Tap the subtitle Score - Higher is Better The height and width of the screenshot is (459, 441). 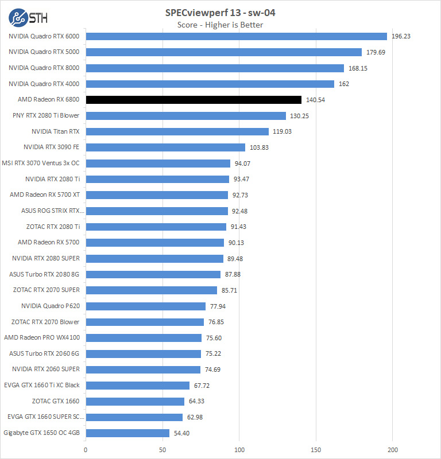pos(220,25)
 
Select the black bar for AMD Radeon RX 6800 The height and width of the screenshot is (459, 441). pos(194,100)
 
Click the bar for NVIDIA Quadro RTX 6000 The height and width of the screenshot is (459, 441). pos(236,36)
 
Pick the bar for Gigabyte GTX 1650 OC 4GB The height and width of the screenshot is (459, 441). pos(127,433)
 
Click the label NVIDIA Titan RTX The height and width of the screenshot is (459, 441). pos(56,131)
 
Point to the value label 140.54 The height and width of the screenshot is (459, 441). pos(316,100)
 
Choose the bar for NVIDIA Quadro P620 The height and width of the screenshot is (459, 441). pos(145,306)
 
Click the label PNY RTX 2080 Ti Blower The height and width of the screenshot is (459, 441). pos(46,115)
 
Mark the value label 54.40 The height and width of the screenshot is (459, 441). pos(181,433)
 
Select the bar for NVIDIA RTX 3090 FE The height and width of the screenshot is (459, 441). pos(165,147)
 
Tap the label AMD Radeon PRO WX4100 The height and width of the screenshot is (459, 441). pos(42,337)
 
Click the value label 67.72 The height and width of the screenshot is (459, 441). pos(202,385)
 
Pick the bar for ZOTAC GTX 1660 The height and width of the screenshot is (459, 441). pos(135,401)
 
